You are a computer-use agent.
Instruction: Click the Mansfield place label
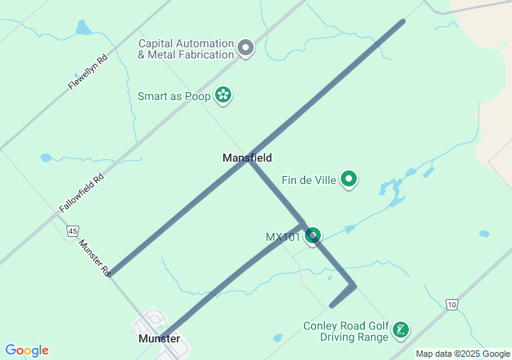(x=247, y=158)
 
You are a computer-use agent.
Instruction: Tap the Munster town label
(x=158, y=339)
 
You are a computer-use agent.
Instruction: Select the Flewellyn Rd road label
(x=87, y=72)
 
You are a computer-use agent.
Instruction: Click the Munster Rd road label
(x=94, y=257)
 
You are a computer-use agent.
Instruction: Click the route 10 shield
(x=453, y=304)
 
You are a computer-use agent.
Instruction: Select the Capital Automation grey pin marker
(x=246, y=49)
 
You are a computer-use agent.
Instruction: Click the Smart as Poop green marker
(x=224, y=96)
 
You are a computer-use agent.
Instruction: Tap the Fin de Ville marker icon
(x=349, y=180)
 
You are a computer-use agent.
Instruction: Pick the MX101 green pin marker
(x=313, y=235)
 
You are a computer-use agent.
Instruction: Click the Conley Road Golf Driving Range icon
(x=401, y=330)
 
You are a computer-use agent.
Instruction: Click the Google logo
(x=26, y=350)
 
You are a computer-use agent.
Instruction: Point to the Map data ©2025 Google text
(x=462, y=354)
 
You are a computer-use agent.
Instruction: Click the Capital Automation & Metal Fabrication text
(x=186, y=49)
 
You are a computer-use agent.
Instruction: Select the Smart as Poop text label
(x=174, y=97)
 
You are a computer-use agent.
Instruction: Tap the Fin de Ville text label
(x=309, y=180)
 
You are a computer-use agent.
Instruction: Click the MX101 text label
(x=283, y=237)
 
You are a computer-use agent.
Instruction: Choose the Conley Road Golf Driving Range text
(x=345, y=331)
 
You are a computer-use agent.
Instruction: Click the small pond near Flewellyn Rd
(x=83, y=29)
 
